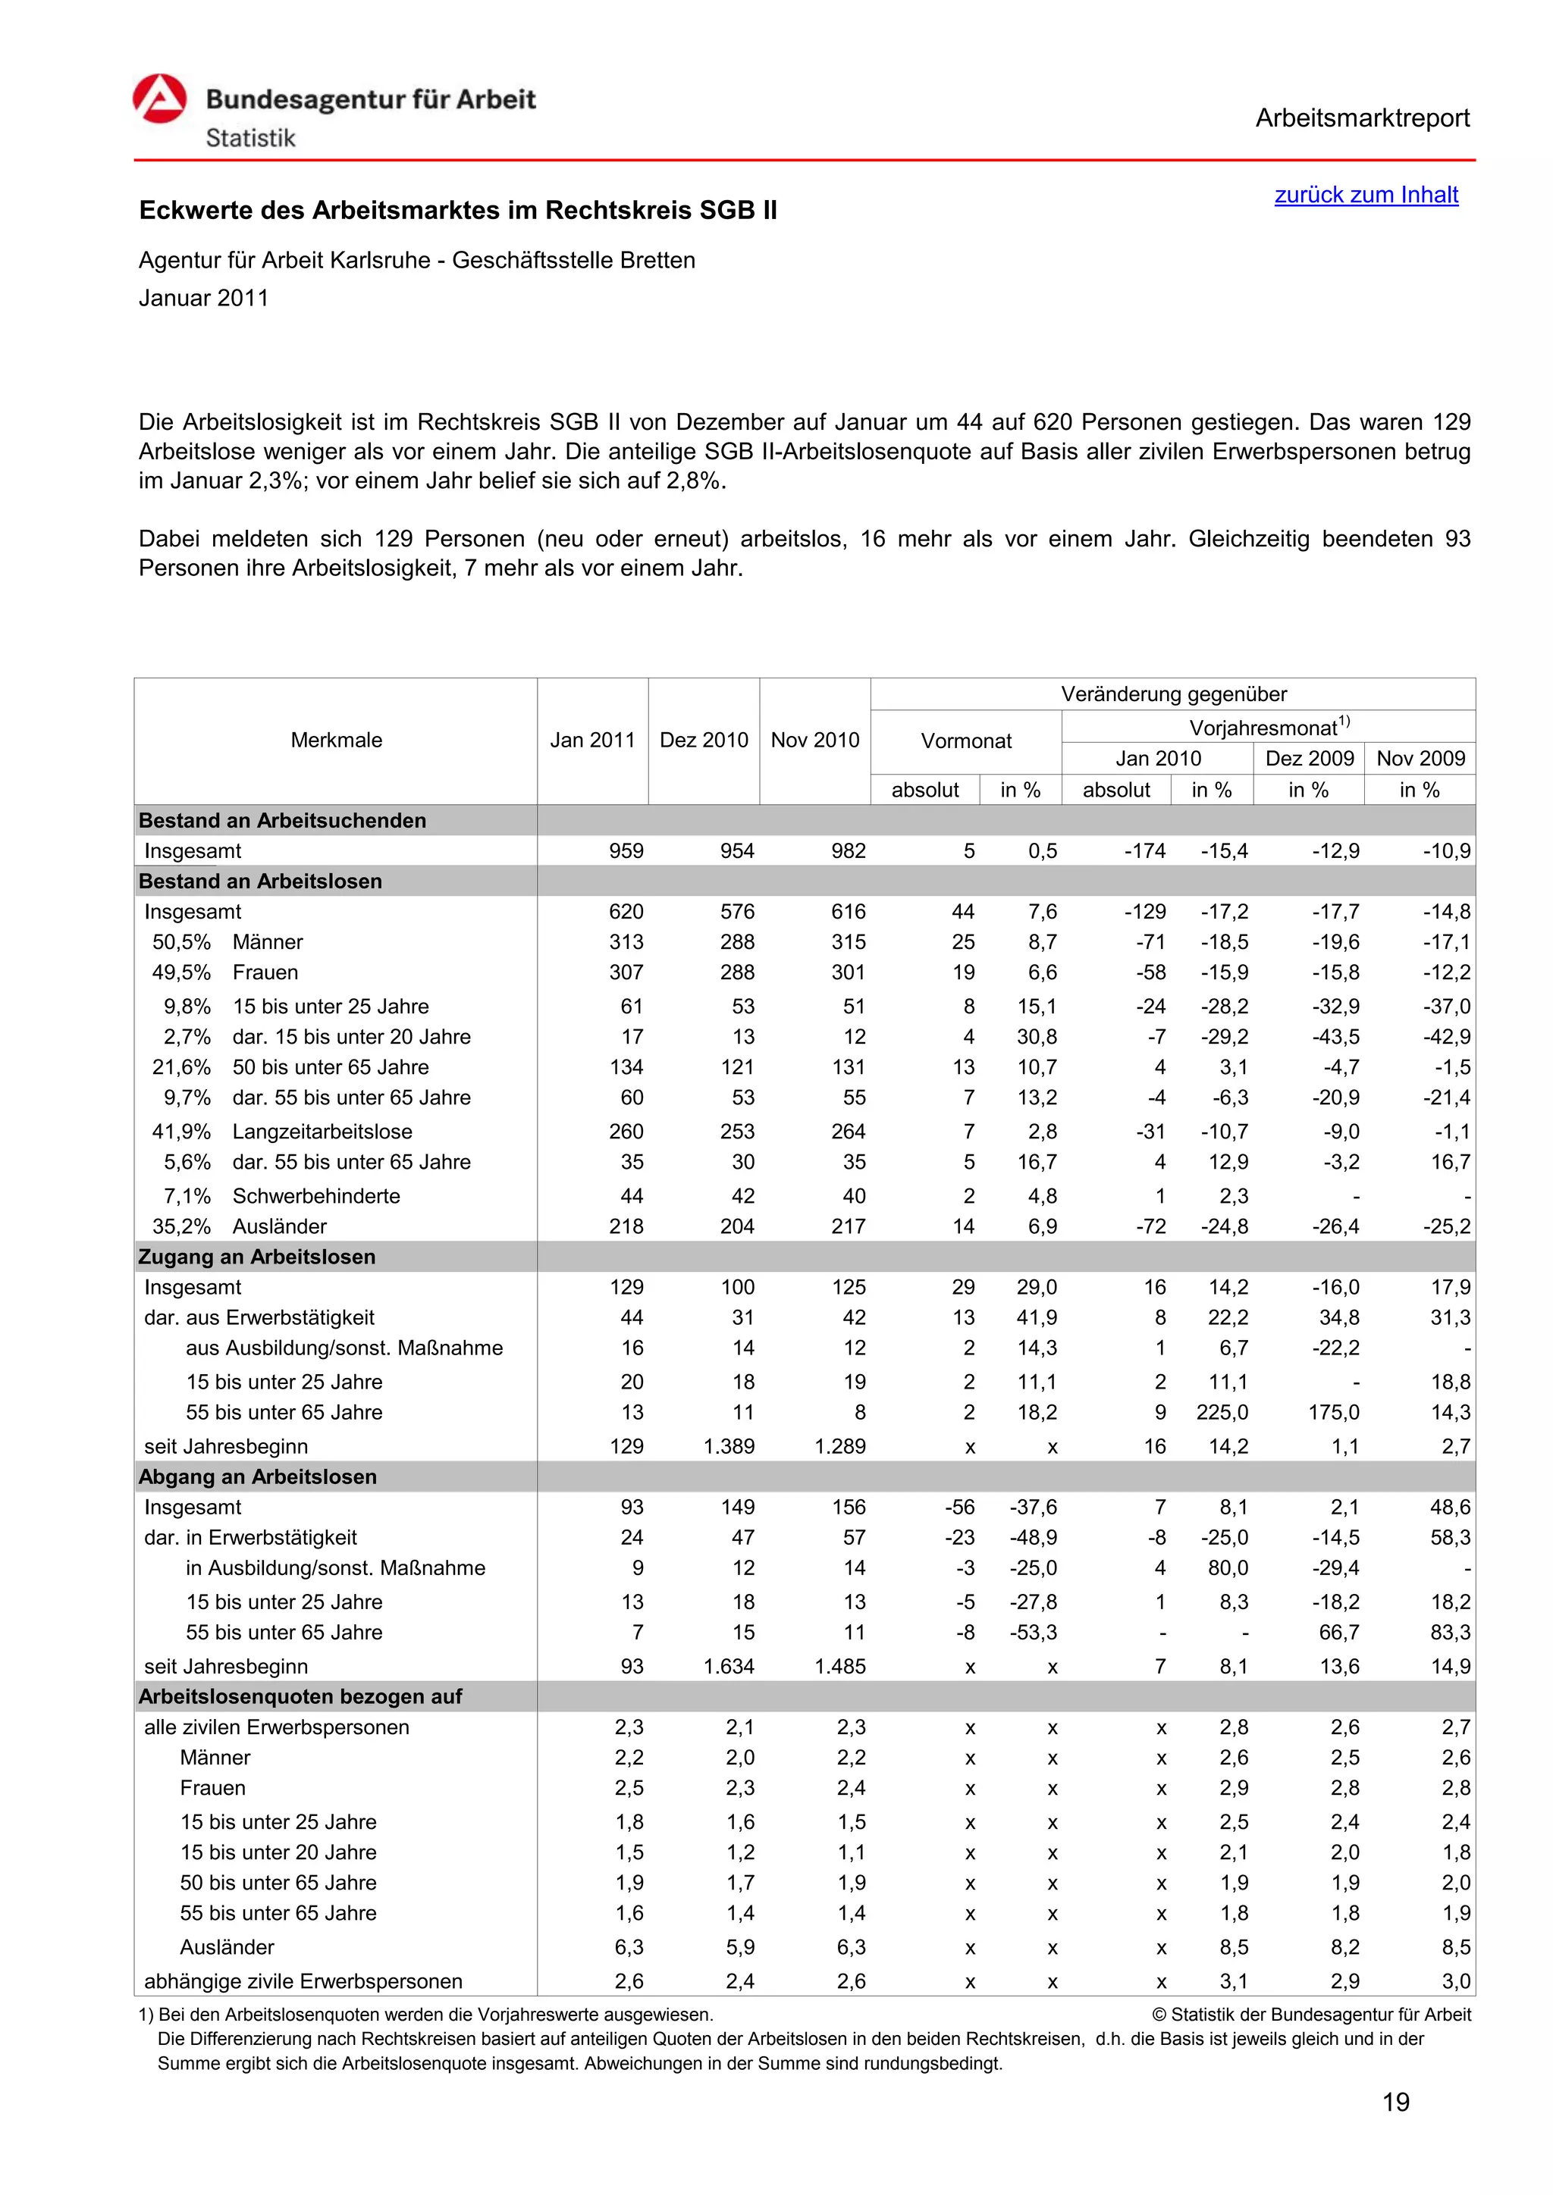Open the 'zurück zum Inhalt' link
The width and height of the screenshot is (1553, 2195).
tap(1366, 195)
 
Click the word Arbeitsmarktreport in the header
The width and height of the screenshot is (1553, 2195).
tap(1362, 118)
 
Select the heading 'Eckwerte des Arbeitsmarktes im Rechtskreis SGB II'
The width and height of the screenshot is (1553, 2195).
tap(458, 210)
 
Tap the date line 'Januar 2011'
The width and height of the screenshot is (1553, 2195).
tap(204, 299)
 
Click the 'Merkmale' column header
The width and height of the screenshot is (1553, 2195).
tap(336, 740)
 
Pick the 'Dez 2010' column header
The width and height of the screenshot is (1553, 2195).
tap(704, 740)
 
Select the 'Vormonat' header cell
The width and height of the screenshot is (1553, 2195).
tap(966, 741)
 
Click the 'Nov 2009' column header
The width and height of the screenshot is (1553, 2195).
tap(1420, 758)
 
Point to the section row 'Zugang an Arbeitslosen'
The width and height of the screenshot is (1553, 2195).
tap(257, 1256)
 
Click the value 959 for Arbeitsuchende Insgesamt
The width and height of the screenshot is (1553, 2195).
tap(626, 851)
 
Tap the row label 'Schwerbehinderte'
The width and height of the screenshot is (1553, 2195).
tap(316, 1196)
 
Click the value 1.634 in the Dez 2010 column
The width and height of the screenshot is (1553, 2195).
tap(729, 1666)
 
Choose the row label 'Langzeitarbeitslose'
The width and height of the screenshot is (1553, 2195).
tap(322, 1131)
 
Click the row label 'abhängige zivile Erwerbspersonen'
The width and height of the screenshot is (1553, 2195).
tap(303, 1981)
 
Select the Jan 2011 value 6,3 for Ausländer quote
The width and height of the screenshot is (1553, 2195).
tap(629, 1947)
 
